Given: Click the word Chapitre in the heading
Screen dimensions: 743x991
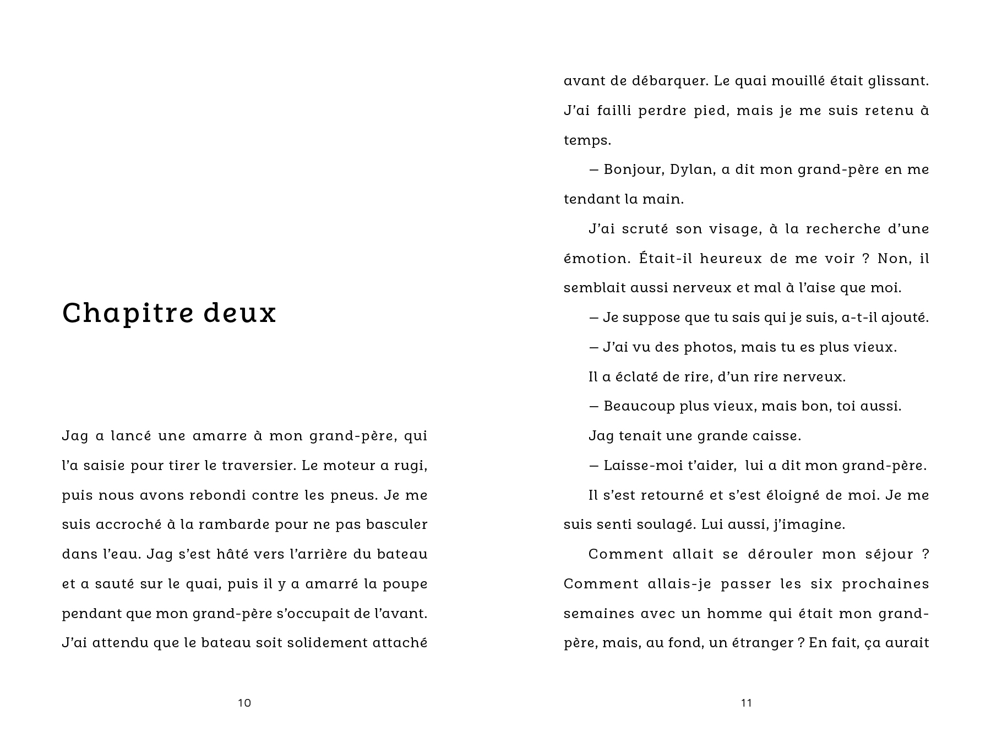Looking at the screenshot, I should (x=127, y=313).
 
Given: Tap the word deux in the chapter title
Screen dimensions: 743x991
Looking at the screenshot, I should (x=239, y=313).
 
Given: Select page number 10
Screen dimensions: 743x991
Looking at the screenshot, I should (x=244, y=703).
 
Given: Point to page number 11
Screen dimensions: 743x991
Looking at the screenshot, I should (x=746, y=703).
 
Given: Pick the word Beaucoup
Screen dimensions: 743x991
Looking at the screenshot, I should (x=638, y=406).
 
